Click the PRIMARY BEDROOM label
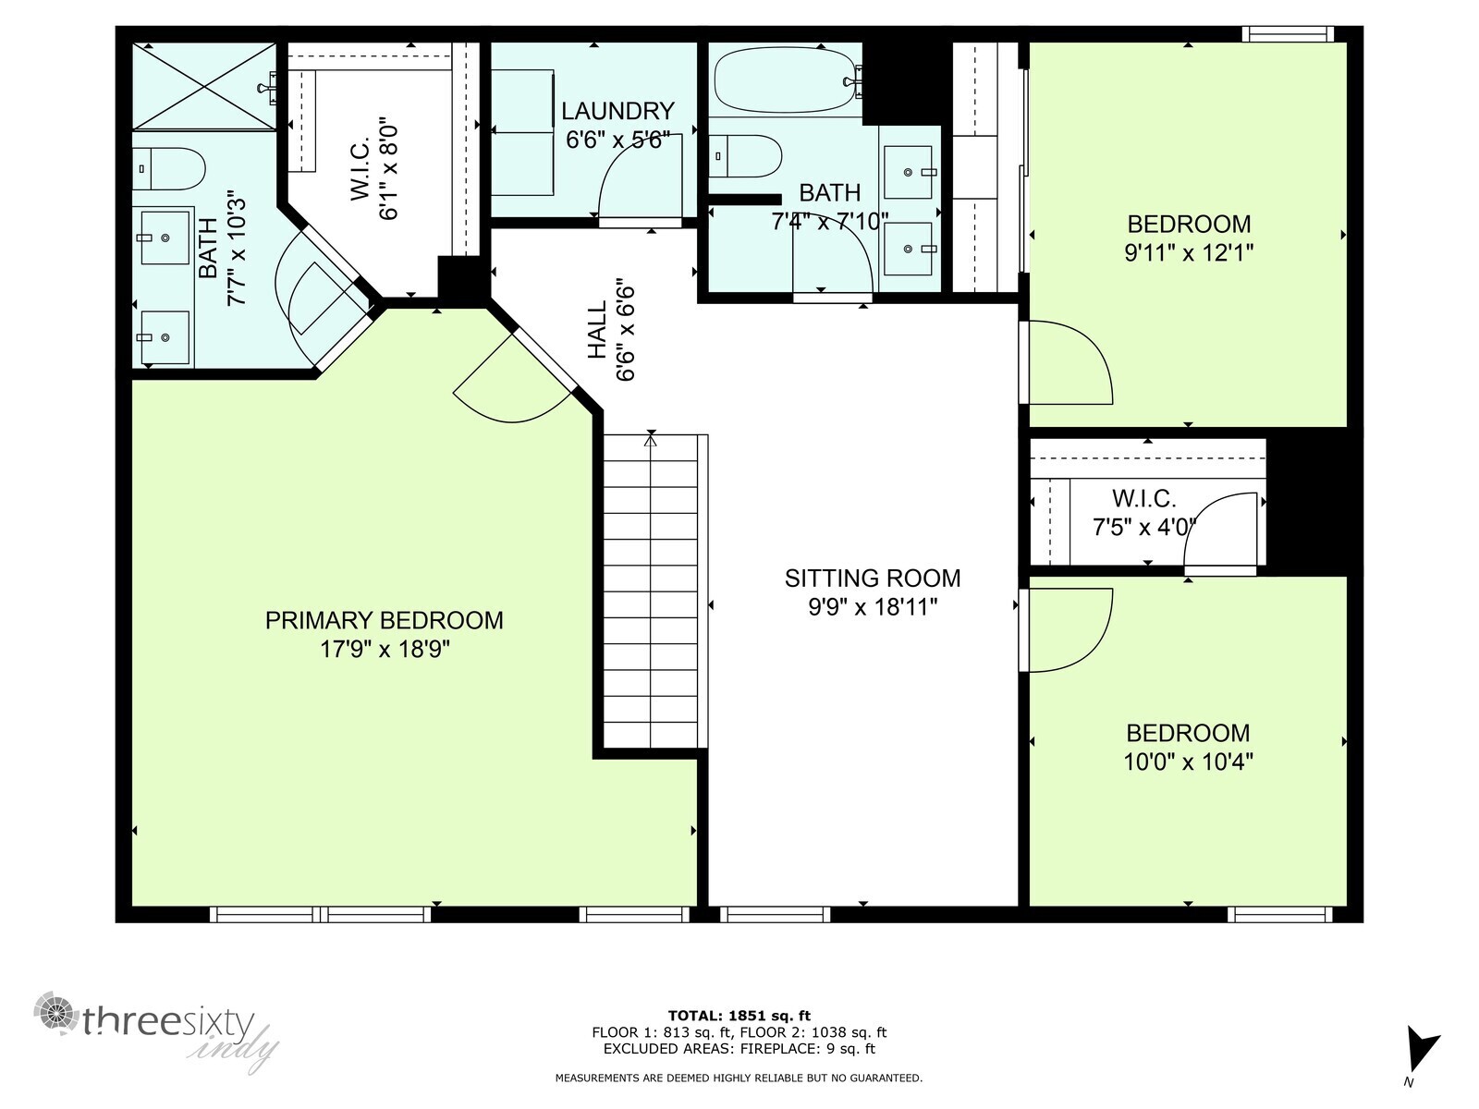[x=384, y=620]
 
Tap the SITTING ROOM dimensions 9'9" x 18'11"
[x=873, y=607]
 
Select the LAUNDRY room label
[x=617, y=111]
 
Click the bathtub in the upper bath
[x=786, y=80]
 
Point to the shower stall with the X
[x=204, y=86]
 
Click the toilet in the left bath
[x=170, y=168]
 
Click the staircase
[x=652, y=591]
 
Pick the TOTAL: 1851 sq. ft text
[x=739, y=1016]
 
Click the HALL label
[x=598, y=330]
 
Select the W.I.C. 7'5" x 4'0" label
[x=1144, y=513]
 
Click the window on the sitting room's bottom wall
[x=775, y=914]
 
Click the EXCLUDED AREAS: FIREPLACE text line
[x=739, y=1049]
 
